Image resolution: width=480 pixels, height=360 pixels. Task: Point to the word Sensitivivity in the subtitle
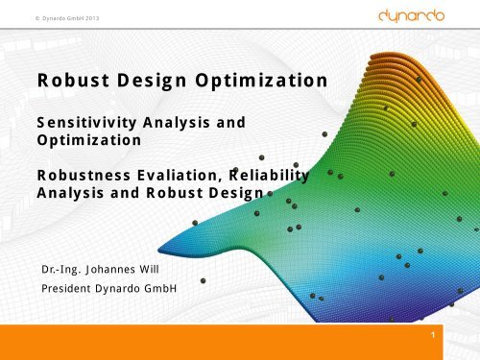coord(84,123)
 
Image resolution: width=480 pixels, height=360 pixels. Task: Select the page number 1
coord(435,336)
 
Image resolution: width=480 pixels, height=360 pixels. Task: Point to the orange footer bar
coord(240,342)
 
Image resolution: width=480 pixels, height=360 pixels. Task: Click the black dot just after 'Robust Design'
coord(270,193)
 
